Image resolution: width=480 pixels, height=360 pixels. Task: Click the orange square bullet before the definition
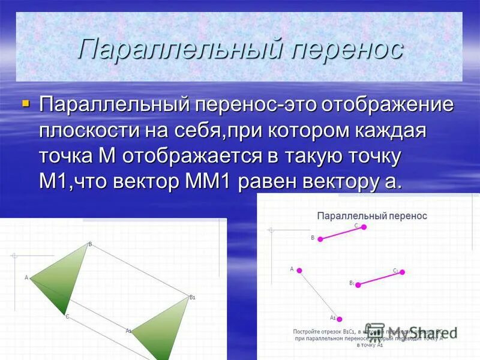[x=25, y=104]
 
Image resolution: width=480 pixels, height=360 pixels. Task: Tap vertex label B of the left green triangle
[x=90, y=244]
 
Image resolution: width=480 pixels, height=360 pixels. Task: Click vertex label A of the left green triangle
[x=26, y=278]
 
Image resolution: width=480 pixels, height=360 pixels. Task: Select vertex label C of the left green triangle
[x=67, y=317]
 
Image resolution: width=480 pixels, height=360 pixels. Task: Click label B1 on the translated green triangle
[x=193, y=297]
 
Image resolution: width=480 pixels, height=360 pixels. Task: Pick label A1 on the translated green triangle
[x=128, y=331]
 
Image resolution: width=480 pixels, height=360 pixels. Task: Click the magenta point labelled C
[x=364, y=227]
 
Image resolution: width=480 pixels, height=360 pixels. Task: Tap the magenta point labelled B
[x=320, y=239]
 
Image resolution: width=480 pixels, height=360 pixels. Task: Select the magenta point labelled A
[x=299, y=271]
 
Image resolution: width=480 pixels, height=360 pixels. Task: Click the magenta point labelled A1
[x=340, y=319]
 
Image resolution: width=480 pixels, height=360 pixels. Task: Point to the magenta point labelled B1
[x=358, y=285]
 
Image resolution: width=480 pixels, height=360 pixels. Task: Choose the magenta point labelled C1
[x=403, y=272]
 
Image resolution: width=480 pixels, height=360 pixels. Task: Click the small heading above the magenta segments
[x=371, y=215]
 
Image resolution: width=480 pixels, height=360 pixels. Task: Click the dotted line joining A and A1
[x=320, y=295]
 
